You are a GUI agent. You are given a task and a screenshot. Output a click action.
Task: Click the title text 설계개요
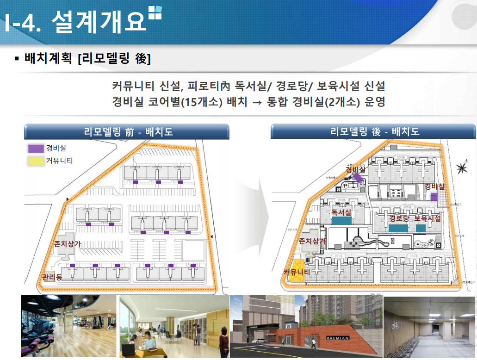[x=99, y=21]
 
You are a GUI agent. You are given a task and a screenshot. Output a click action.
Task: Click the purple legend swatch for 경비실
[x=35, y=149]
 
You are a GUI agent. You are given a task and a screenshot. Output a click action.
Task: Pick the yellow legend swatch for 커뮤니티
[x=35, y=161]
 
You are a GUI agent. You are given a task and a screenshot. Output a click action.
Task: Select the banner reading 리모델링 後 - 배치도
[x=374, y=131]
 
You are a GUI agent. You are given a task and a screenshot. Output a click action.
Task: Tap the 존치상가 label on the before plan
[x=68, y=243]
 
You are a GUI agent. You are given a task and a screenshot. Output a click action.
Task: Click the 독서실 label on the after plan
[x=341, y=212]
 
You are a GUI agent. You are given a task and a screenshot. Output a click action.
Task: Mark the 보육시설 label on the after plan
[x=427, y=218]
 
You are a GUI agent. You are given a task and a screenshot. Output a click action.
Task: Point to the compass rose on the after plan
[x=462, y=168]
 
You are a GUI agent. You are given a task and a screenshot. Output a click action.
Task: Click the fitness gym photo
[x=68, y=326]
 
